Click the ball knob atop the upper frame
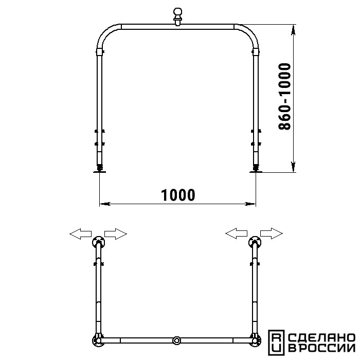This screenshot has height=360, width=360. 178,16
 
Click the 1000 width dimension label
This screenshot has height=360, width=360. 178,195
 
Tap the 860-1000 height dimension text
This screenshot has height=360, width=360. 285,97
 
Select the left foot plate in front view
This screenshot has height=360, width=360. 99,171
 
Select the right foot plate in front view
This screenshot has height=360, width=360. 256,171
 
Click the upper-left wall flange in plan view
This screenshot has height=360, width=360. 99,242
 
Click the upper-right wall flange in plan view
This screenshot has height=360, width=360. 255,242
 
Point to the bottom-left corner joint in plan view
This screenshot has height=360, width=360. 98,340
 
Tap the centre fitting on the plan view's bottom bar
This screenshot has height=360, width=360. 177,340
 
